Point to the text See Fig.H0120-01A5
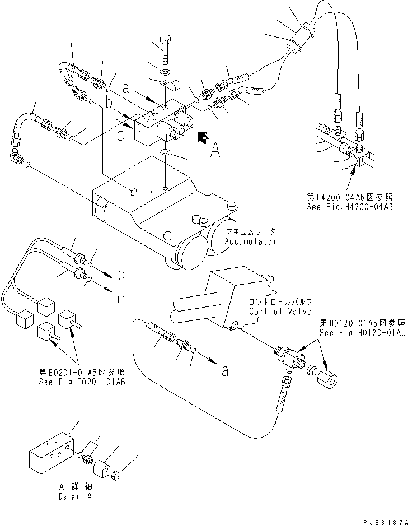(363, 332)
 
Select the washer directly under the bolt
(165, 73)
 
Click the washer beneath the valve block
(165, 153)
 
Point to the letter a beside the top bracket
(127, 88)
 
